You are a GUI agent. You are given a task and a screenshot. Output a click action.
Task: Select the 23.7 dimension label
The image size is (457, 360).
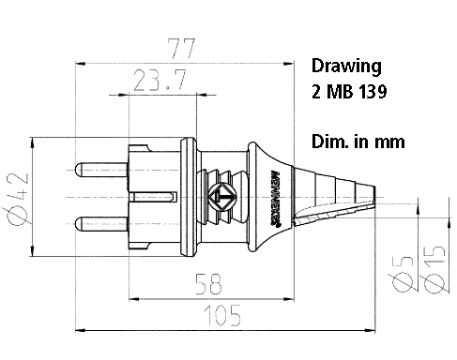156,82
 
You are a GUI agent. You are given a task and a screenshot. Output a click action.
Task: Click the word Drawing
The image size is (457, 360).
345,67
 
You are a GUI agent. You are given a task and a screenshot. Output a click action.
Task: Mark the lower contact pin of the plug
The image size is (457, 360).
99,224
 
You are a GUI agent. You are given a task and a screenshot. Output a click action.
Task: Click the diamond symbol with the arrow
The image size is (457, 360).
224,198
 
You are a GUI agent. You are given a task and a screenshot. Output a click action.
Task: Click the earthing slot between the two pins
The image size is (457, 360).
150,197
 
